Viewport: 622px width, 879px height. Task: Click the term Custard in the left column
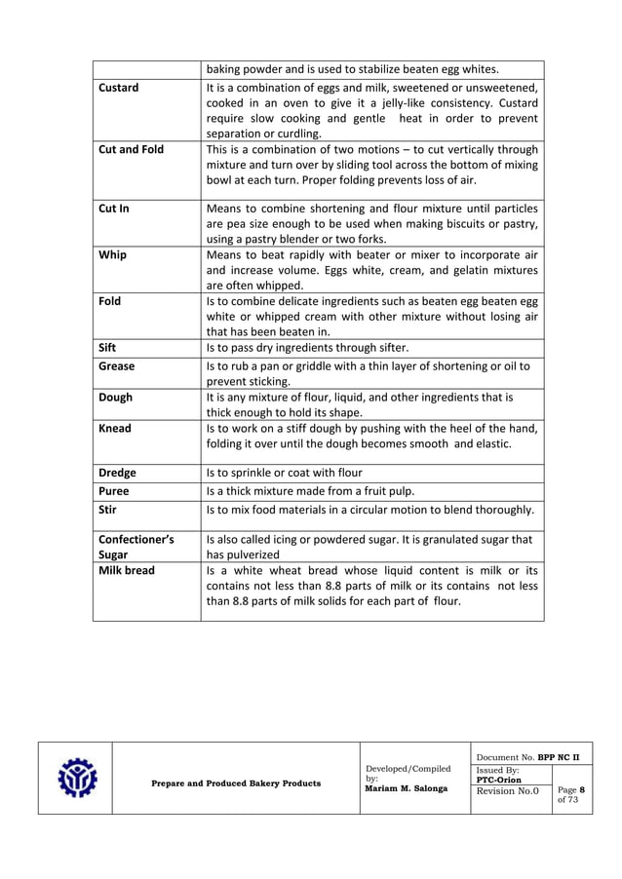tap(119, 88)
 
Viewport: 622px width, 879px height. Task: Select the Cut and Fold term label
tap(132, 150)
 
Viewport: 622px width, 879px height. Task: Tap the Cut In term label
tap(114, 209)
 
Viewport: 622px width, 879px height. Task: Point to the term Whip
tap(112, 255)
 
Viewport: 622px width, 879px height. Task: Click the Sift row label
tap(108, 347)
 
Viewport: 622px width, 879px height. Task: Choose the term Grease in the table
tap(117, 366)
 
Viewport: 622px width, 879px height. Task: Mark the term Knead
tap(115, 428)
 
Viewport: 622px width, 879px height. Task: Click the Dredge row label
tap(118, 474)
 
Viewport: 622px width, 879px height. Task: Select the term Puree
tap(114, 492)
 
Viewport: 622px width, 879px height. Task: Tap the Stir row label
tap(108, 510)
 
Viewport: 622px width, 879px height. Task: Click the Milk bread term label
tap(127, 570)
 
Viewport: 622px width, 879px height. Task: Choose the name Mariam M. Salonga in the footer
tap(407, 788)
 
